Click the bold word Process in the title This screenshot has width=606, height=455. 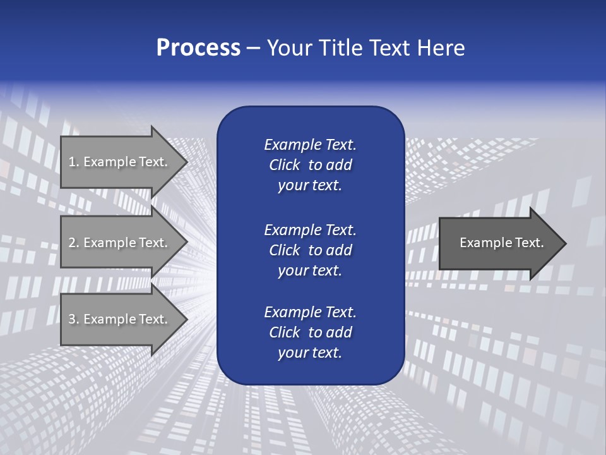pos(198,48)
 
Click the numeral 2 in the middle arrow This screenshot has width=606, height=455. pos(72,243)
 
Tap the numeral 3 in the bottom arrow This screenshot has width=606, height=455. pos(72,319)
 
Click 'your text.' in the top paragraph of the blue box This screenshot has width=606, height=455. pos(310,186)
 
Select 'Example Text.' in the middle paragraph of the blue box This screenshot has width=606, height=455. pos(310,229)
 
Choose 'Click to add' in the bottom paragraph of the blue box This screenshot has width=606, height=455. pos(310,332)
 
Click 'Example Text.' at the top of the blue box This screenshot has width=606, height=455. pos(310,145)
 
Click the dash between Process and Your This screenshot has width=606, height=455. pos(253,49)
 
